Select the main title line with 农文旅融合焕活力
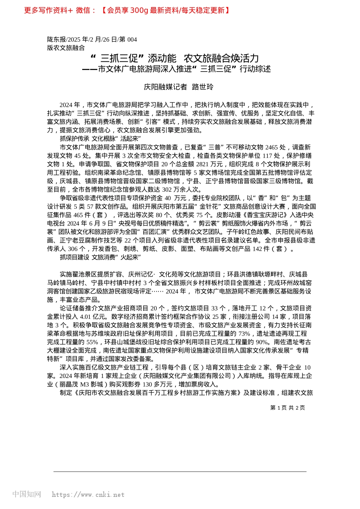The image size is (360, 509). [x=176, y=59]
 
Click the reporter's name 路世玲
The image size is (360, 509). [x=203, y=87]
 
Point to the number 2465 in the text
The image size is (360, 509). [x=271, y=147]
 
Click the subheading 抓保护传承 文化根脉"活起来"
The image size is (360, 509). [x=100, y=139]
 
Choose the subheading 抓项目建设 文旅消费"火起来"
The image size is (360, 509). [x=100, y=258]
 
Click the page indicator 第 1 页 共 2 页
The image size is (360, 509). [x=287, y=408]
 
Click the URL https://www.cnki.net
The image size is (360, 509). [x=88, y=495]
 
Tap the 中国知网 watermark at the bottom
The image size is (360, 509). [x=27, y=494]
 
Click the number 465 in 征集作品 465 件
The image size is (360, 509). [x=78, y=215]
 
